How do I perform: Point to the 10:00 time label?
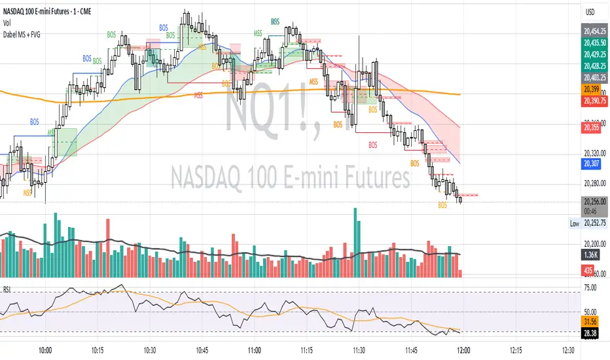[46, 350]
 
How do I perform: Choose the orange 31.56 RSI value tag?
[592, 321]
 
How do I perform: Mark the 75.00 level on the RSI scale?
[592, 287]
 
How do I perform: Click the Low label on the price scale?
[575, 224]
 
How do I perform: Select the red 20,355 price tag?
[592, 128]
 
